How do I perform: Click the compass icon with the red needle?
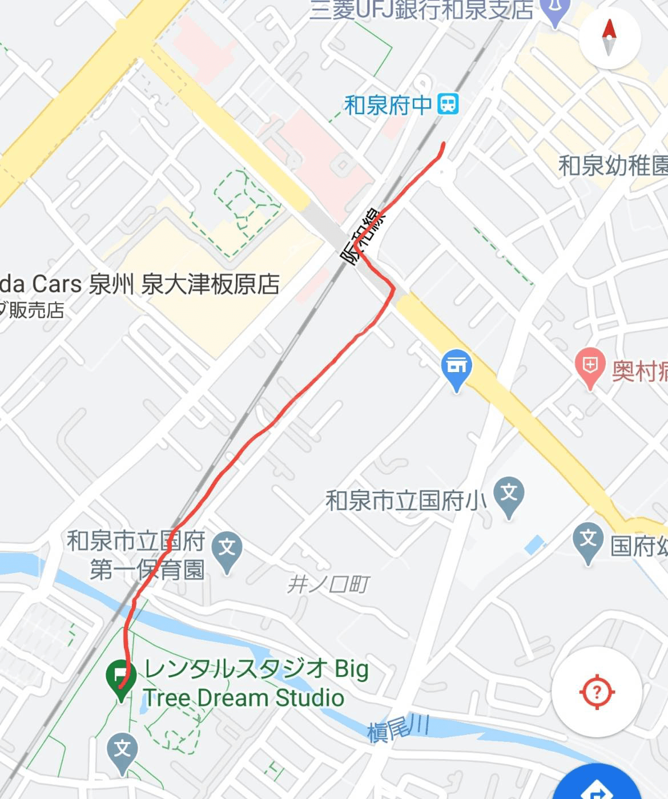coord(609,38)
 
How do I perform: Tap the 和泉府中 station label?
coord(388,105)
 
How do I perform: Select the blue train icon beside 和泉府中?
coord(448,104)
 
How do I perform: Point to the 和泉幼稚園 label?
coord(613,166)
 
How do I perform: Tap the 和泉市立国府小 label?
coord(406,501)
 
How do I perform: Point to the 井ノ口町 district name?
coord(328,584)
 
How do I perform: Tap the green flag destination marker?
coord(120,677)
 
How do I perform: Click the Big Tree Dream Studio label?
coord(255,683)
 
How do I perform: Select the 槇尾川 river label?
coord(398,728)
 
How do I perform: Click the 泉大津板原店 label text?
coord(210,284)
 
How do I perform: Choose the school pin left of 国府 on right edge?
coord(587,542)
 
